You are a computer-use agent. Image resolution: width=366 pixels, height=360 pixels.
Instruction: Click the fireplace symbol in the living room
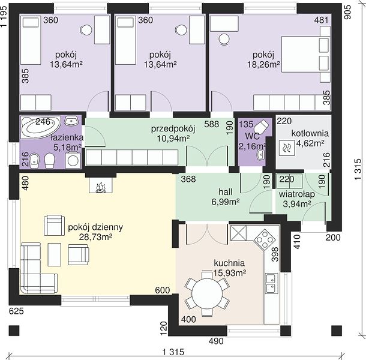coord(101,185)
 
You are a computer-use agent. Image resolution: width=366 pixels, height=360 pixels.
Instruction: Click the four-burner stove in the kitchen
coord(265,239)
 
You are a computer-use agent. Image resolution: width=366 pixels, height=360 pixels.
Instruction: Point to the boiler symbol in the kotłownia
coord(287,148)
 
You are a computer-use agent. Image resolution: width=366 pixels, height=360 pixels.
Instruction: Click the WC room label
coord(252,136)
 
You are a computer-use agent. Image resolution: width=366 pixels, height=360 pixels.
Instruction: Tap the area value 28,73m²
coord(96,237)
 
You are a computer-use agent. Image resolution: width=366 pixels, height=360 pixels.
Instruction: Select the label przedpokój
coord(173,129)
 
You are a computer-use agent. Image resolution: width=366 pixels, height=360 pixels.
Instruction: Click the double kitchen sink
coord(271,283)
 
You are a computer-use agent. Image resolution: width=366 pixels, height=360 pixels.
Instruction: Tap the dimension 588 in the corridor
coord(211,124)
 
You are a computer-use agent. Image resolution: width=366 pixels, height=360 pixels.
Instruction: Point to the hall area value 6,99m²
coord(226,202)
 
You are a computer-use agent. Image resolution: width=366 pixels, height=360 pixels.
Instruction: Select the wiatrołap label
coord(296,194)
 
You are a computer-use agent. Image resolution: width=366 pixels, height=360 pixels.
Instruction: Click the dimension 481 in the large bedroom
coord(321,20)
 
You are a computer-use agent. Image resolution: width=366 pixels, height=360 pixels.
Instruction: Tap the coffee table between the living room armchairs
coord(55,254)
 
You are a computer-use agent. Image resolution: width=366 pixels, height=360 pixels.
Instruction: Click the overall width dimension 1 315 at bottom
coord(173,352)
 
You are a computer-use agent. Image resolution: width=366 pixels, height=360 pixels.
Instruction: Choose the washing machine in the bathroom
coord(73,160)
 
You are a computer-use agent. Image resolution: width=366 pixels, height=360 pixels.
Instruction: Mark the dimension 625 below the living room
coord(16,311)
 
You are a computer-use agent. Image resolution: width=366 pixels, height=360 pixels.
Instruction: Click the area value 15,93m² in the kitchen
coord(230,272)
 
